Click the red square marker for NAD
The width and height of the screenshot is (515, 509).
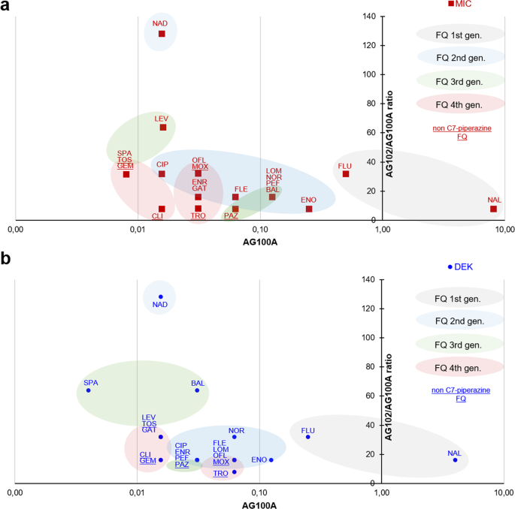click(162, 34)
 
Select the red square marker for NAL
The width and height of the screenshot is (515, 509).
click(494, 209)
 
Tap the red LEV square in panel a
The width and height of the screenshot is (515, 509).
click(162, 128)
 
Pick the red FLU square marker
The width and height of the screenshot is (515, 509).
click(346, 174)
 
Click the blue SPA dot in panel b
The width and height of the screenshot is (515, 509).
click(89, 390)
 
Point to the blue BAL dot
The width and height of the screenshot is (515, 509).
click(198, 390)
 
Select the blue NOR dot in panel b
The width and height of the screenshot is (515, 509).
click(235, 437)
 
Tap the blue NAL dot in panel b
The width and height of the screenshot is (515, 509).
click(455, 459)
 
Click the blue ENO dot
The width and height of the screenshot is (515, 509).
click(271, 459)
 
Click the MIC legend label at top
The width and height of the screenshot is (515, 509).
click(464, 4)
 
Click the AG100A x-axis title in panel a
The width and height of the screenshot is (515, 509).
click(259, 242)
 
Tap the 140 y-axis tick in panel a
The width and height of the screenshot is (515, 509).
click(368, 16)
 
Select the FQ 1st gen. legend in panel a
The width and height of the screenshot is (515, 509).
click(460, 35)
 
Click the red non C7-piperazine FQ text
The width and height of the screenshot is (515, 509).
click(462, 133)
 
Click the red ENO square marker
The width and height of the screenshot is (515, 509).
click(309, 209)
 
